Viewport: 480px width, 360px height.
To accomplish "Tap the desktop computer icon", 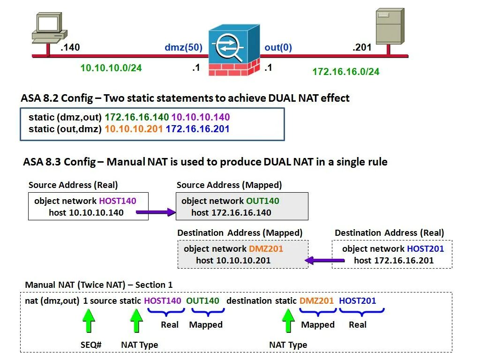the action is pyautogui.click(x=47, y=28).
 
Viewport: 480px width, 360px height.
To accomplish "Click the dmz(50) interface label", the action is pyautogui.click(x=183, y=47).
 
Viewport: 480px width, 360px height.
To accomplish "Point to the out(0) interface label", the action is pyautogui.click(x=278, y=47).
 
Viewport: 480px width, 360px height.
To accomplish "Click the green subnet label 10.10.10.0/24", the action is pyautogui.click(x=111, y=68).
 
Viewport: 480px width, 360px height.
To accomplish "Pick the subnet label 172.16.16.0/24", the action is pyautogui.click(x=346, y=72).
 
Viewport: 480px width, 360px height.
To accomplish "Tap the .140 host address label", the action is pyautogui.click(x=70, y=47).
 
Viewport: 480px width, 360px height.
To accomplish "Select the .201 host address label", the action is pyautogui.click(x=362, y=47).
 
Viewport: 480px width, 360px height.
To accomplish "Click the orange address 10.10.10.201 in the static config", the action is pyautogui.click(x=134, y=128).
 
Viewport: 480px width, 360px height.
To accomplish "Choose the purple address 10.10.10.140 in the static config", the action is pyautogui.click(x=201, y=117).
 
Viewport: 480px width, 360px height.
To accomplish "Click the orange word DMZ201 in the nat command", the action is pyautogui.click(x=317, y=300).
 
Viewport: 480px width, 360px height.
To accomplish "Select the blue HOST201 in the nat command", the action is pyautogui.click(x=357, y=300).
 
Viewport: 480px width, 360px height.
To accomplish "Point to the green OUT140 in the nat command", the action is pyautogui.click(x=202, y=300).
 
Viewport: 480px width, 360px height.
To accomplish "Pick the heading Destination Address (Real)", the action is pyautogui.click(x=389, y=233).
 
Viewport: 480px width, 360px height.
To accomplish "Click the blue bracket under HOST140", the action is pyautogui.click(x=163, y=312).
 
